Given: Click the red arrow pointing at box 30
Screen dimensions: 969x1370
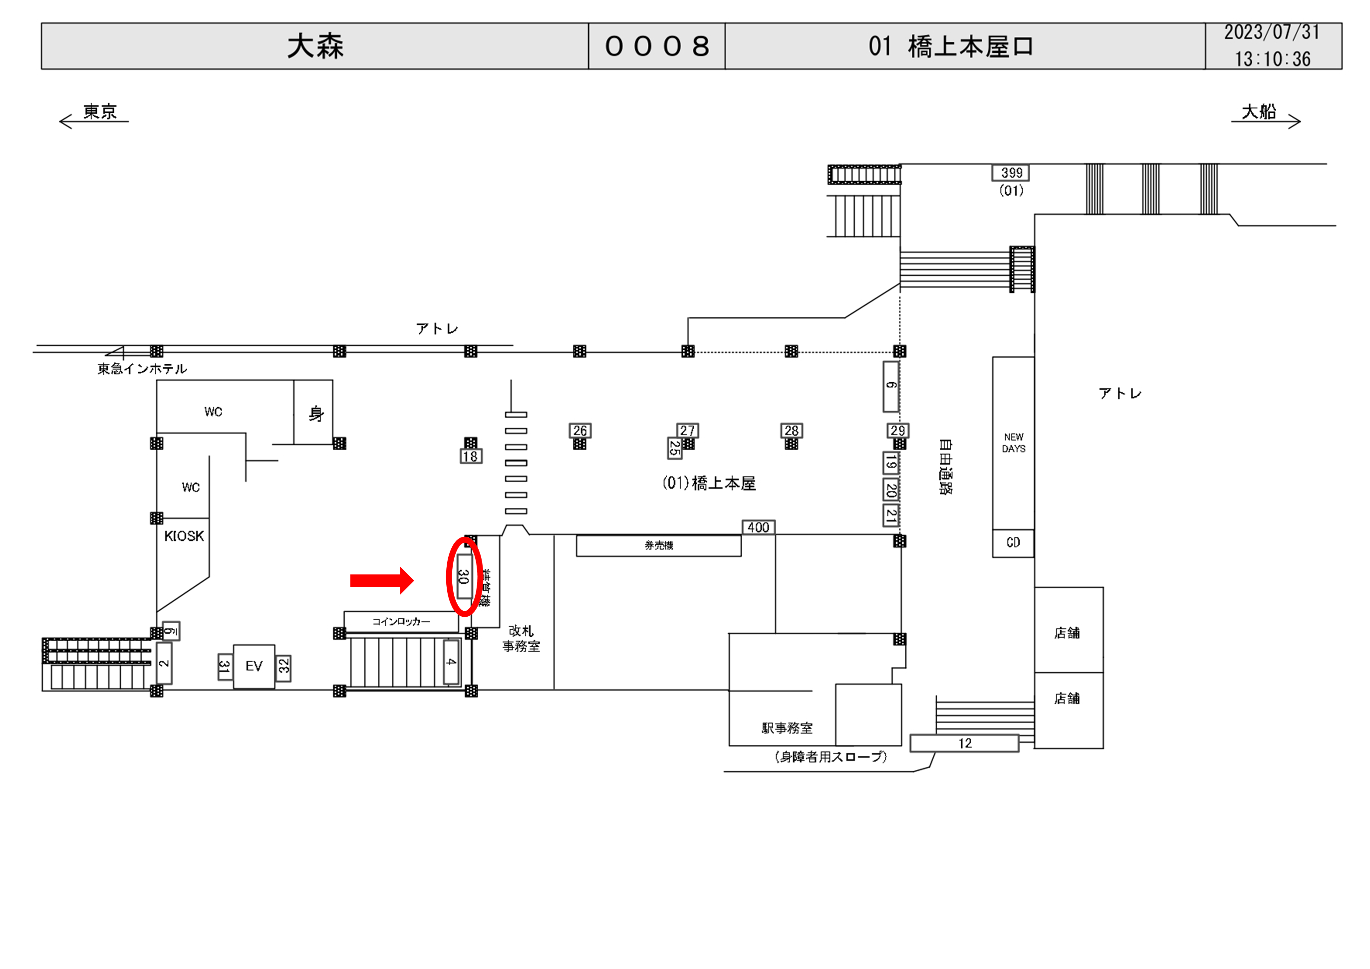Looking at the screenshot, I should coord(381,580).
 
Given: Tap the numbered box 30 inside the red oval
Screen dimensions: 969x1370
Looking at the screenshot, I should coord(464,576).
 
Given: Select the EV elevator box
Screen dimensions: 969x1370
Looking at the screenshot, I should coord(254,666).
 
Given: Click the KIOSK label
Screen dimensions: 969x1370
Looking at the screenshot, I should coord(184,536).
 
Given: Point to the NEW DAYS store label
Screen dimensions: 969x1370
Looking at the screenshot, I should coord(1013,443).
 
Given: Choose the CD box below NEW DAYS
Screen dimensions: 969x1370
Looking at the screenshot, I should coord(1013,542).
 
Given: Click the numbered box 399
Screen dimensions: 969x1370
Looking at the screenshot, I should coord(1011,173).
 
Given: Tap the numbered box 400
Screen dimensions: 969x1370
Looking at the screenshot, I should coord(758,527).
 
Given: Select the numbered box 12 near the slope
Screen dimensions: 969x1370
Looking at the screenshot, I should coord(964,743).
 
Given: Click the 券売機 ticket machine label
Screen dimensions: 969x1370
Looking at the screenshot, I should coord(658,545).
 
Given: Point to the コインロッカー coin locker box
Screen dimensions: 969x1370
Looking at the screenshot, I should coord(401,621).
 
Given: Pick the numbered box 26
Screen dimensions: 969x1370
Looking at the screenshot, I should coord(579,430).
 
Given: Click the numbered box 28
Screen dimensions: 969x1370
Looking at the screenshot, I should coord(791,430).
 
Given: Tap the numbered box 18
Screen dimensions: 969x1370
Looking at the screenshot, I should coord(470,457).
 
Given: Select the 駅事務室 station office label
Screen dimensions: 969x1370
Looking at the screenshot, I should coord(787,728).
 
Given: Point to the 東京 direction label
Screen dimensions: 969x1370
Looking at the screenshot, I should coord(100,112).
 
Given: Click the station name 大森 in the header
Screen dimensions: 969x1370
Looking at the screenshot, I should coord(315,46).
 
